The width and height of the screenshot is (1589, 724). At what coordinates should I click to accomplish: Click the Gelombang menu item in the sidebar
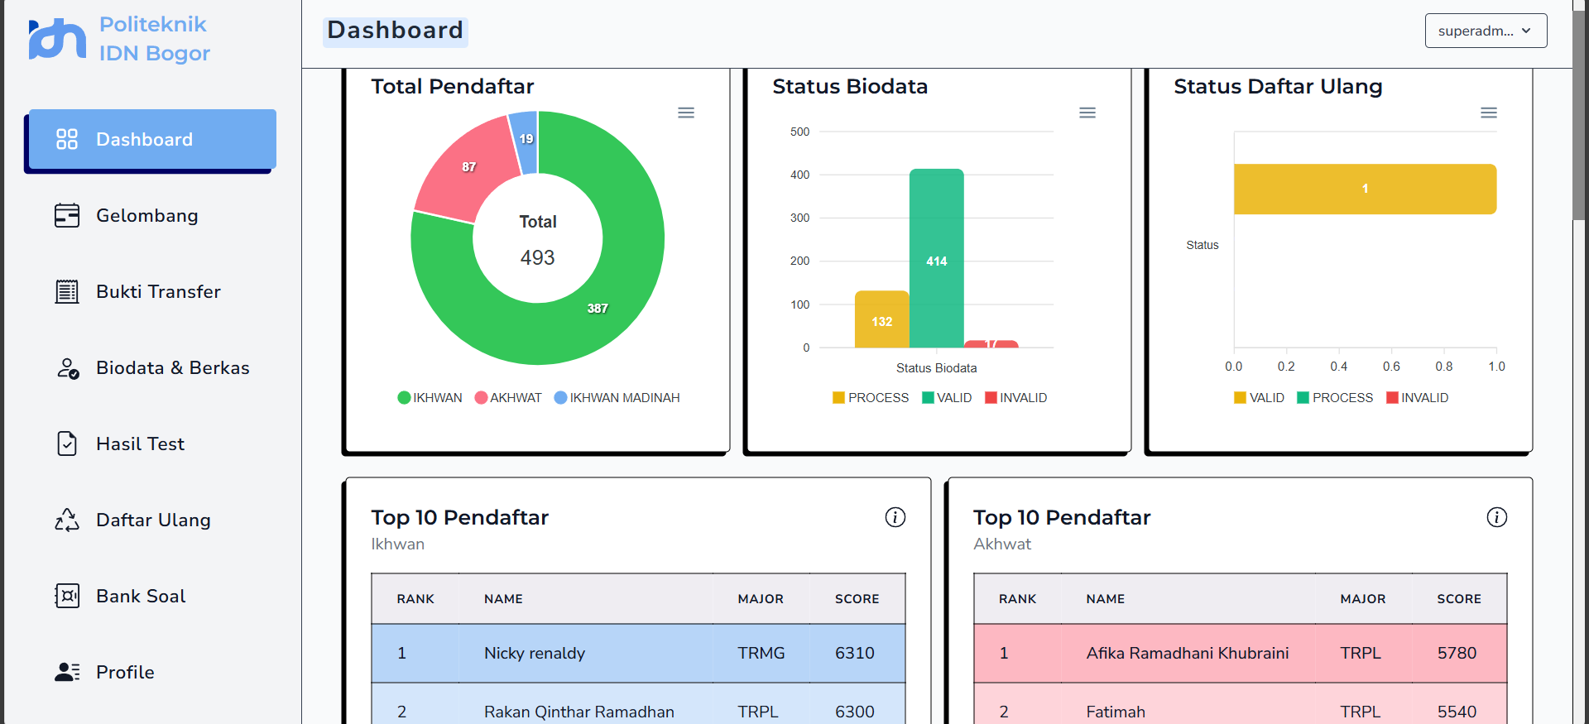(146, 216)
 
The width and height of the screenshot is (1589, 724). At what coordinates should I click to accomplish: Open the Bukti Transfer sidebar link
(157, 292)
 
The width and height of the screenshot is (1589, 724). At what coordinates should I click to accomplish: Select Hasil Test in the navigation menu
(140, 444)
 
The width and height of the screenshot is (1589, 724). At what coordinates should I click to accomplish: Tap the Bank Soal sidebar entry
(141, 597)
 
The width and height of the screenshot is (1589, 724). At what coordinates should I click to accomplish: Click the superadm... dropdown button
(1486, 31)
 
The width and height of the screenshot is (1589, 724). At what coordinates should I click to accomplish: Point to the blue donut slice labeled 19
(525, 141)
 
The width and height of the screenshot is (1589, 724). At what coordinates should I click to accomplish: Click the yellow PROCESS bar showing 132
(881, 320)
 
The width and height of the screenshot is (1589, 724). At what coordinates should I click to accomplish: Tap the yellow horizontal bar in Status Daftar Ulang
(1365, 189)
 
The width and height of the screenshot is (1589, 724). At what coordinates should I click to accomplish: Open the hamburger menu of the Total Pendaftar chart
(686, 113)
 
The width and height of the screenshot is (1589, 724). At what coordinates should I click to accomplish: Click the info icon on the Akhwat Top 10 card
(1496, 517)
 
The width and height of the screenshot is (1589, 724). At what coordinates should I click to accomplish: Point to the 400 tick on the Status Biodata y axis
(799, 175)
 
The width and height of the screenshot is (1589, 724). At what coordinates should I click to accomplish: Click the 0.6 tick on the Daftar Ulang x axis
(1391, 367)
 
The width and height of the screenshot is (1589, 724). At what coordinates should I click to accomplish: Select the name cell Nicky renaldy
(535, 654)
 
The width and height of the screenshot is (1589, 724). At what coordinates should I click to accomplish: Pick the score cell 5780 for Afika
(1457, 654)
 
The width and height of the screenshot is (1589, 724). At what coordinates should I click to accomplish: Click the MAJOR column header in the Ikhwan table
(761, 599)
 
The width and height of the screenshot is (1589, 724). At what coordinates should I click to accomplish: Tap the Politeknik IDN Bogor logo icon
(57, 39)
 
